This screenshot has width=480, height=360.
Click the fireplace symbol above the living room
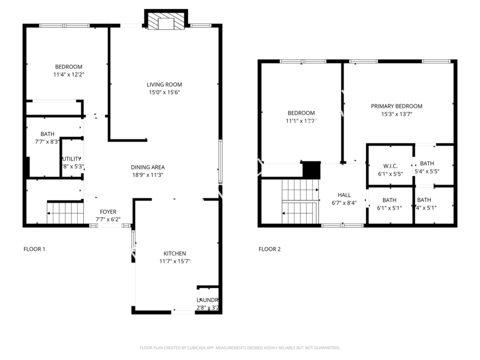click(166, 22)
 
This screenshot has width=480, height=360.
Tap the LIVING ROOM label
click(164, 84)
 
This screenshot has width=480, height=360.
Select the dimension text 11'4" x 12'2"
click(68, 75)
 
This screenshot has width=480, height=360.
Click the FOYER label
click(108, 212)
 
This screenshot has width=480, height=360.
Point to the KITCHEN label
click(174, 253)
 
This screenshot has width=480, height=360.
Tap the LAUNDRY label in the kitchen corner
click(207, 300)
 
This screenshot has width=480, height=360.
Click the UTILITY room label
click(71, 159)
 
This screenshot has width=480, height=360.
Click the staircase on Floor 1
click(65, 213)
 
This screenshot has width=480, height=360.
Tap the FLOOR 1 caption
click(34, 249)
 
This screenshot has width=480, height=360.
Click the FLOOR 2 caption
click(269, 249)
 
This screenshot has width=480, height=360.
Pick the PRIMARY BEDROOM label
click(396, 106)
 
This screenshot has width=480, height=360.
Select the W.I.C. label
click(389, 165)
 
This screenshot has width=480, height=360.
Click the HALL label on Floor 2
click(343, 195)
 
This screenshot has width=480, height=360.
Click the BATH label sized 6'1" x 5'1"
click(389, 200)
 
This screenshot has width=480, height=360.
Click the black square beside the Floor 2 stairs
click(311, 170)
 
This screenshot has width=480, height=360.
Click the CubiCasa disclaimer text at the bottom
click(239, 348)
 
